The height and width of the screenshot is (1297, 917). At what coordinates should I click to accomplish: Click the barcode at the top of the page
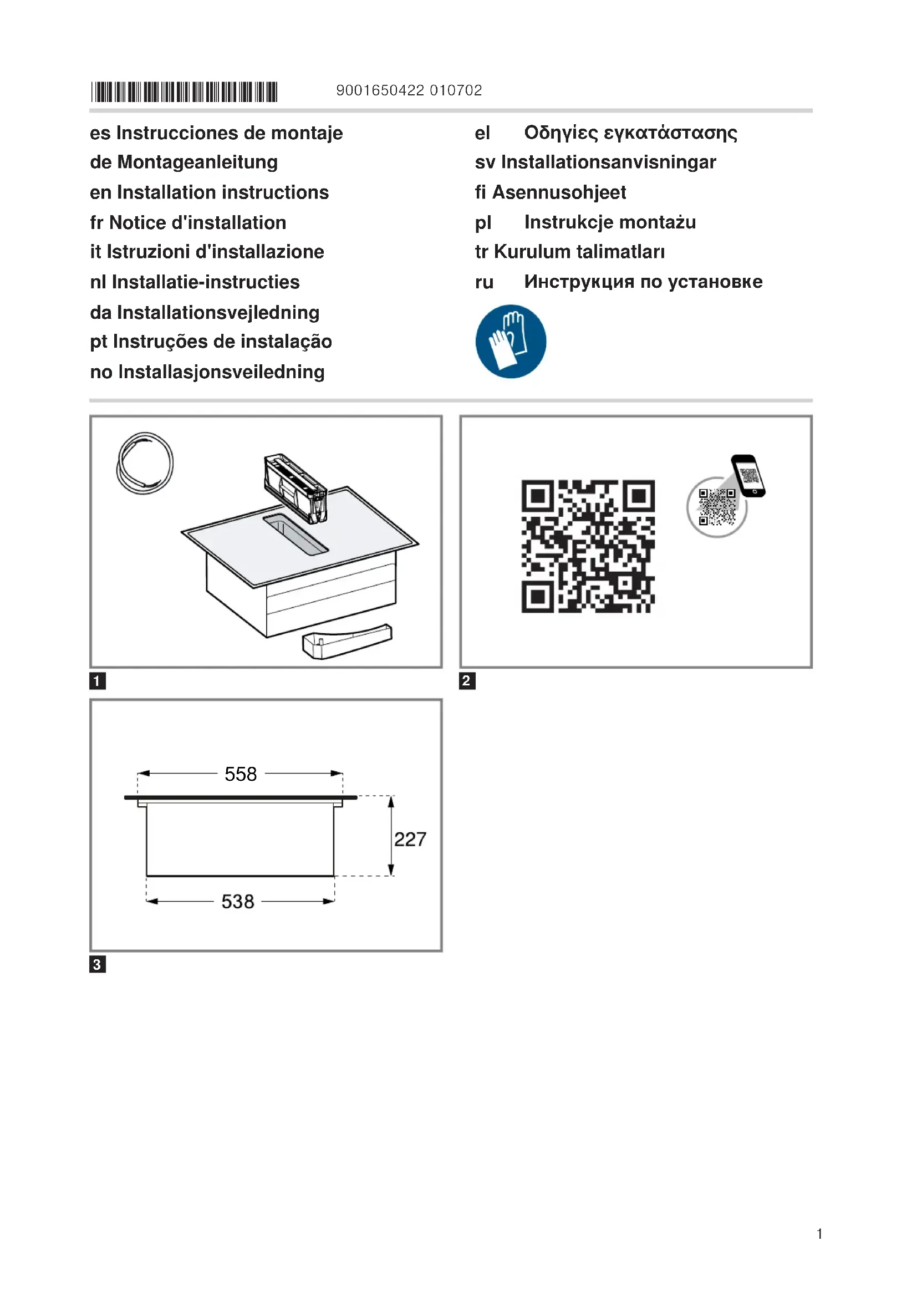184,91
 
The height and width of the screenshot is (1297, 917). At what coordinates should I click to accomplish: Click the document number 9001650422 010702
409,90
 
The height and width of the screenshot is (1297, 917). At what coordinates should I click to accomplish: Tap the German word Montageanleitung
197,162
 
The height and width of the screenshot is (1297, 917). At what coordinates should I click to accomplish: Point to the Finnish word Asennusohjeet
559,192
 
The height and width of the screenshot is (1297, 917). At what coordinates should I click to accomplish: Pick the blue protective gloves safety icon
511,341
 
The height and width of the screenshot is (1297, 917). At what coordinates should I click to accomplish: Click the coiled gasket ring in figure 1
145,462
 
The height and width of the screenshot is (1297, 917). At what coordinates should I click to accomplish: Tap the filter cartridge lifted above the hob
296,487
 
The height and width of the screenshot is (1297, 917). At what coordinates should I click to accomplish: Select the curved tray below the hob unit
347,640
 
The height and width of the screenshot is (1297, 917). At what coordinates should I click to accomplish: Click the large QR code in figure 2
588,546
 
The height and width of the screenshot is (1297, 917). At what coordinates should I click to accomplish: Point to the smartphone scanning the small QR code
748,476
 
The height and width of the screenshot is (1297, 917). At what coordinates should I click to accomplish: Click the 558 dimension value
241,774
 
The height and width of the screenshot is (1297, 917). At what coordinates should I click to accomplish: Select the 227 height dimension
410,839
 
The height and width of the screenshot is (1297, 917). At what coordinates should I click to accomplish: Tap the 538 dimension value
238,902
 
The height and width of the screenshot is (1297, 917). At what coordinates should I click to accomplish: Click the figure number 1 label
98,681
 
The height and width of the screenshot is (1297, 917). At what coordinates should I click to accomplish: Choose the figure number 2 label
467,681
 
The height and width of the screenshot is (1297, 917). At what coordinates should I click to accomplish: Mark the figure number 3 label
98,964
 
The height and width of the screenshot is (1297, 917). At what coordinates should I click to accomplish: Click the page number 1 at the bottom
819,1234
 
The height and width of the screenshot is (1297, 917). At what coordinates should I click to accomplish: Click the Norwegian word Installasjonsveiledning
221,372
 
